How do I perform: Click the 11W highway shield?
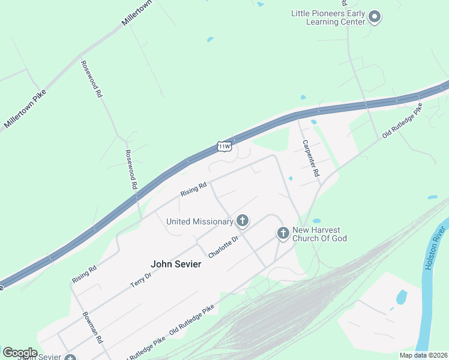click(224, 146)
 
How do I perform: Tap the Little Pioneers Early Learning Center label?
click(328, 17)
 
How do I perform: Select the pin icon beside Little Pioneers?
click(375, 16)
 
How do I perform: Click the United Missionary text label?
click(199, 221)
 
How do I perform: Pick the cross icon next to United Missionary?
click(243, 221)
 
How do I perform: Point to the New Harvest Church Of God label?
click(319, 234)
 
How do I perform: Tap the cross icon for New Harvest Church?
click(283, 233)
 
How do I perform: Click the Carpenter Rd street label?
click(310, 158)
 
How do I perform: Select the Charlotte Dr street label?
click(223, 247)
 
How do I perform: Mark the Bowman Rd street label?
click(92, 330)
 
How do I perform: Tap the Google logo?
click(20, 353)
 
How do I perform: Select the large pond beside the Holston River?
click(401, 297)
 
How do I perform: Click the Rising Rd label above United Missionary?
click(193, 189)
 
